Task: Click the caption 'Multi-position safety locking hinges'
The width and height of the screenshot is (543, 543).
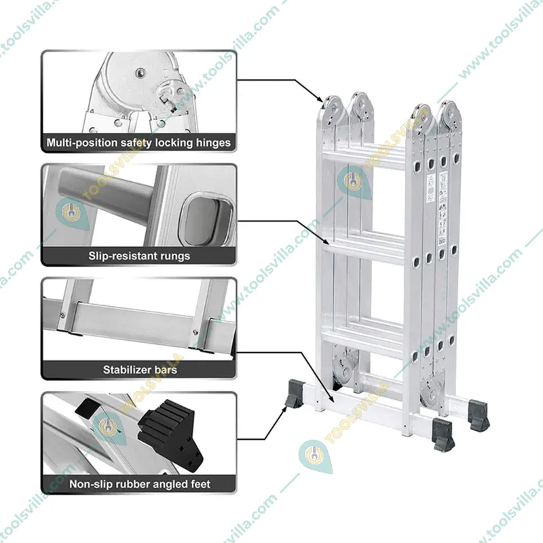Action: pyautogui.click(x=138, y=143)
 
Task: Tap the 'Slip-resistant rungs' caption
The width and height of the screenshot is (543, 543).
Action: pyautogui.click(x=138, y=256)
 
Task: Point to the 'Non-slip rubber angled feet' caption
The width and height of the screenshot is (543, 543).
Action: pyautogui.click(x=139, y=484)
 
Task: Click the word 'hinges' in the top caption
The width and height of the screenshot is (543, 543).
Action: pyautogui.click(x=212, y=143)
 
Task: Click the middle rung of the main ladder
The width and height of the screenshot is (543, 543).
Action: pyautogui.click(x=367, y=244)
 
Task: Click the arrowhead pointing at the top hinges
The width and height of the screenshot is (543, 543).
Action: pyautogui.click(x=320, y=100)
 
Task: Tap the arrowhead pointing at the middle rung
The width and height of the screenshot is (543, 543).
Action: pyautogui.click(x=329, y=240)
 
